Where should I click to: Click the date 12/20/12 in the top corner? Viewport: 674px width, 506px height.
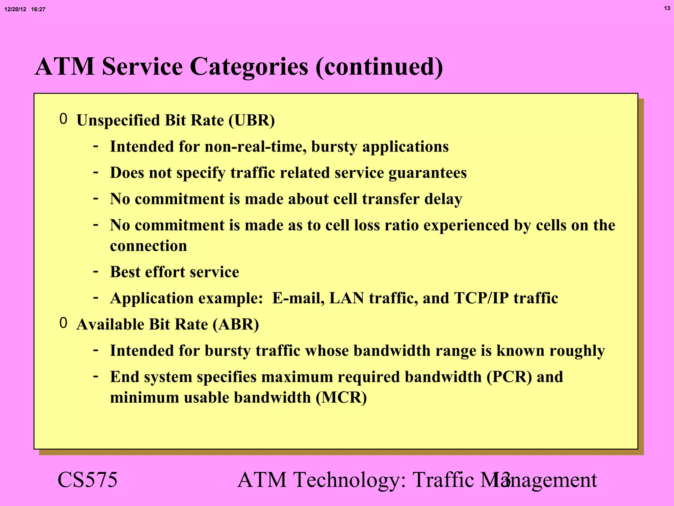tap(15, 10)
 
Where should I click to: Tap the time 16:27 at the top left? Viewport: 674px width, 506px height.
tap(38, 10)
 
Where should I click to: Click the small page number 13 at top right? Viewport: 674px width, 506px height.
tap(667, 9)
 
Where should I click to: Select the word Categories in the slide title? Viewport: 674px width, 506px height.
tap(249, 67)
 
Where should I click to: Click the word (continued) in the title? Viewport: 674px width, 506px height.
tap(379, 67)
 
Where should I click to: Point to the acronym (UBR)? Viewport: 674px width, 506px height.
tap(252, 120)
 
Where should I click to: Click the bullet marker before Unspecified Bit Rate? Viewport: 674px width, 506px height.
tap(64, 119)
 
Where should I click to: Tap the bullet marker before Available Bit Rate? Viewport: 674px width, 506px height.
tap(64, 323)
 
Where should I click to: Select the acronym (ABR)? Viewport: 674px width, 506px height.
tap(236, 324)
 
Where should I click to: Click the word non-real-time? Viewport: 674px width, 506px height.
tap(255, 147)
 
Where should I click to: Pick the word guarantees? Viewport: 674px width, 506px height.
tap(428, 173)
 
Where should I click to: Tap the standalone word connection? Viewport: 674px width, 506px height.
tap(148, 246)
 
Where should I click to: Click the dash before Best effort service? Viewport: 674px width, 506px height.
tap(96, 272)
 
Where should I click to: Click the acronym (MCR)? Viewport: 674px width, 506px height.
tap(341, 398)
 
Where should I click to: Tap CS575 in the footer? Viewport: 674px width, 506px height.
tap(88, 480)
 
